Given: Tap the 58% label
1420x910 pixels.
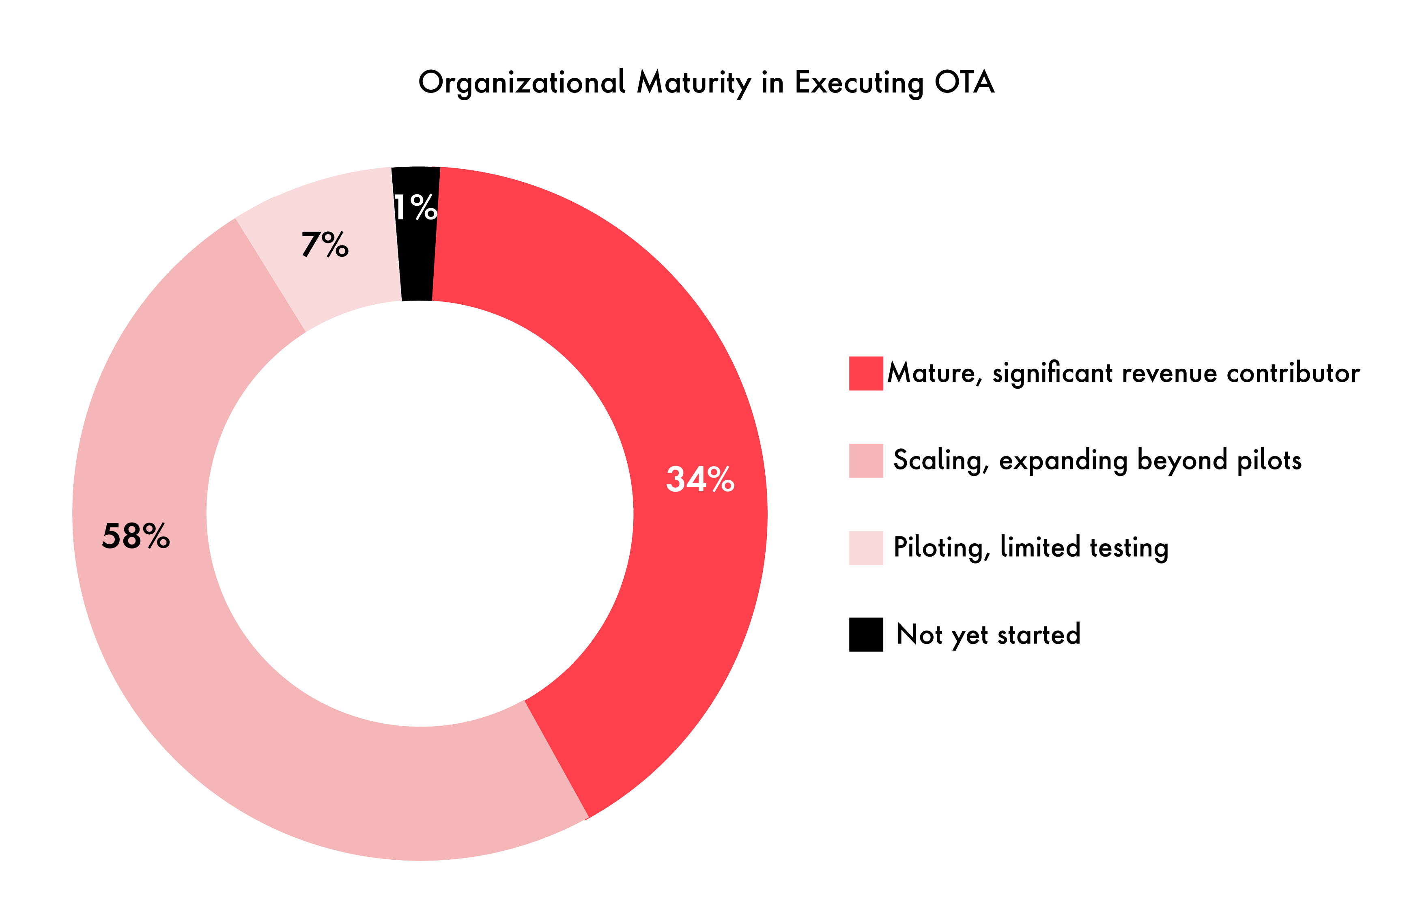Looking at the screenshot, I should [136, 536].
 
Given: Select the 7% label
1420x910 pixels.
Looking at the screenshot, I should [325, 245].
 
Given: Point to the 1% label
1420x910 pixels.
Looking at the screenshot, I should [415, 207].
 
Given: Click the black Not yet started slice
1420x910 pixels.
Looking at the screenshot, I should [417, 266].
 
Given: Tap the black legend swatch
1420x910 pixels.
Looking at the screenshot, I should [866, 634].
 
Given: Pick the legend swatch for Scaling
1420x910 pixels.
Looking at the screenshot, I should [866, 460].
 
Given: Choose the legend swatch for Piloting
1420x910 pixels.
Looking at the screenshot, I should [866, 548].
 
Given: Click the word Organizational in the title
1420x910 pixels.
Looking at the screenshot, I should [522, 83].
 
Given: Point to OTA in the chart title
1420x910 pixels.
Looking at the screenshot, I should [964, 83].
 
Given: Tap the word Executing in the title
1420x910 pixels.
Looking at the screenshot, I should [858, 83].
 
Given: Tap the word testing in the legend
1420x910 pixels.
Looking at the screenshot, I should [1129, 548].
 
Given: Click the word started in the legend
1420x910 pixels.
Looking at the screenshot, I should [1039, 635].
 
